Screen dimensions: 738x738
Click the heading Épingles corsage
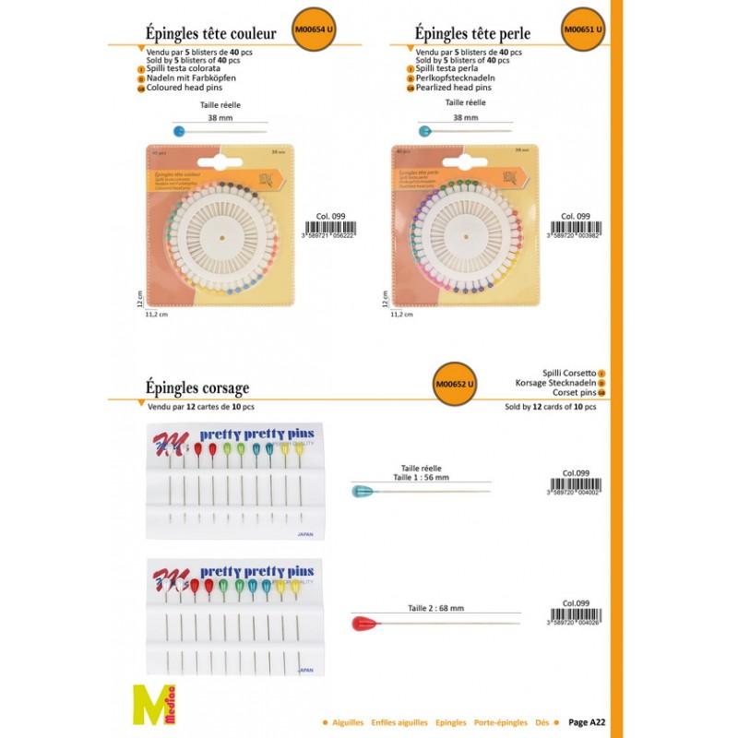(x=197, y=387)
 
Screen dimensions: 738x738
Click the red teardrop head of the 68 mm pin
(x=366, y=623)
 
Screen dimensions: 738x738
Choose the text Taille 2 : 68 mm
(x=435, y=608)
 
